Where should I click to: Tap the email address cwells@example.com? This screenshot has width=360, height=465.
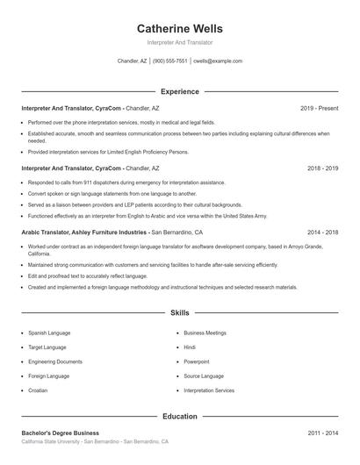tap(218, 61)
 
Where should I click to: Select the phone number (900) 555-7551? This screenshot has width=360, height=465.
tap(171, 61)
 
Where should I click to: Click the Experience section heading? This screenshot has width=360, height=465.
tap(180, 91)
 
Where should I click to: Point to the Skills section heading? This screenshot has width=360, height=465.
tap(180, 312)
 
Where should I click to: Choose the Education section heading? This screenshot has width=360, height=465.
tap(180, 416)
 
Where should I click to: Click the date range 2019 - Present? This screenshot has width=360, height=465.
tap(319, 108)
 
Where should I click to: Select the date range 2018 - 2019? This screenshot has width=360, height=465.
tap(322, 168)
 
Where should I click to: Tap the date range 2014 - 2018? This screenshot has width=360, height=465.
tap(322, 232)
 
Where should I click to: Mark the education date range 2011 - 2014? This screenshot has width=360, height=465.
tap(322, 433)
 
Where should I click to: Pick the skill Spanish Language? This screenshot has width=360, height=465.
tap(50, 333)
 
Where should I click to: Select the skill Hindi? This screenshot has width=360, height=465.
tap(191, 347)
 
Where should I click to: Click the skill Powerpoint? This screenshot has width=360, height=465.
tap(197, 361)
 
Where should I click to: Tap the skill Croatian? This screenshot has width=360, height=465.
tap(38, 390)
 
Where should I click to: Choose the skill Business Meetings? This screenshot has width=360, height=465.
tap(205, 333)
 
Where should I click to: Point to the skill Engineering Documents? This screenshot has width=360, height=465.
tap(54, 361)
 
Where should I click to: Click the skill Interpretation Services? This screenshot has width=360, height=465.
tap(209, 390)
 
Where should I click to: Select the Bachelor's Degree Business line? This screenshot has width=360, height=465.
tap(60, 433)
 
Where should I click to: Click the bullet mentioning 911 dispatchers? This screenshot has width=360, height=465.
tap(126, 182)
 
